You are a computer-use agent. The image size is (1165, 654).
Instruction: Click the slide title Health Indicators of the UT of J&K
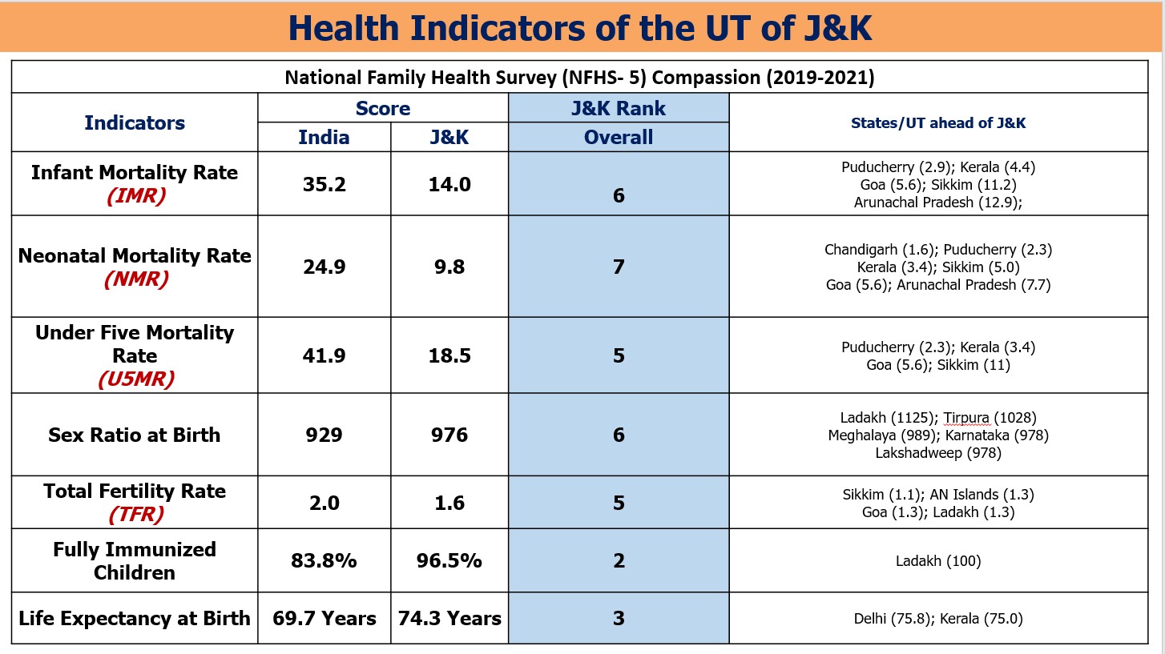[x=580, y=27]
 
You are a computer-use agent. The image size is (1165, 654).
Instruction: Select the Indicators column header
[x=135, y=122]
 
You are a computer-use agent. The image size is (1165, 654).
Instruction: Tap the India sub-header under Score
[x=324, y=137]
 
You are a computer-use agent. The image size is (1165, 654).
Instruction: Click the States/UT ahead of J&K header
[x=938, y=123]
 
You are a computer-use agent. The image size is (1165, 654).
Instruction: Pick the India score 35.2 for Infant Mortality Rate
[x=324, y=185]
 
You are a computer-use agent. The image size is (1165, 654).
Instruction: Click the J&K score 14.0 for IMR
[x=449, y=185]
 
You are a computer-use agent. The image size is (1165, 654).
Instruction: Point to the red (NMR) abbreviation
[x=135, y=279]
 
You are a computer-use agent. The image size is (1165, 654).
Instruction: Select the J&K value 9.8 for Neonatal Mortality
[x=449, y=267]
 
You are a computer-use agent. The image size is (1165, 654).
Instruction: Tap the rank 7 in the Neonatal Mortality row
[x=619, y=267]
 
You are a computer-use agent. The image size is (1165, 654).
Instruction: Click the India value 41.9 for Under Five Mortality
[x=324, y=355]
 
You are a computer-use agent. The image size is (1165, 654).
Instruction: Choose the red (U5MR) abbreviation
[x=135, y=379]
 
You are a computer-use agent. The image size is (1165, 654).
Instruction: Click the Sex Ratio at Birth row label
[x=135, y=435]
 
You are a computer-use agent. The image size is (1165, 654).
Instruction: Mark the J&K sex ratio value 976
[x=449, y=435]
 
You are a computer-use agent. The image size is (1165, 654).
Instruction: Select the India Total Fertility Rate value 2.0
[x=324, y=503]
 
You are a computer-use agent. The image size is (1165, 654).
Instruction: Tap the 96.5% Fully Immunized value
[x=449, y=560]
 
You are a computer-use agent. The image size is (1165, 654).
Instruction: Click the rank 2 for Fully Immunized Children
[x=619, y=560]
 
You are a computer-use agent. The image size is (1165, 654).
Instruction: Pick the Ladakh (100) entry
[x=938, y=561]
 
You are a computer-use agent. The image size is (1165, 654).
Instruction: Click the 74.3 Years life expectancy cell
[x=449, y=618]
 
